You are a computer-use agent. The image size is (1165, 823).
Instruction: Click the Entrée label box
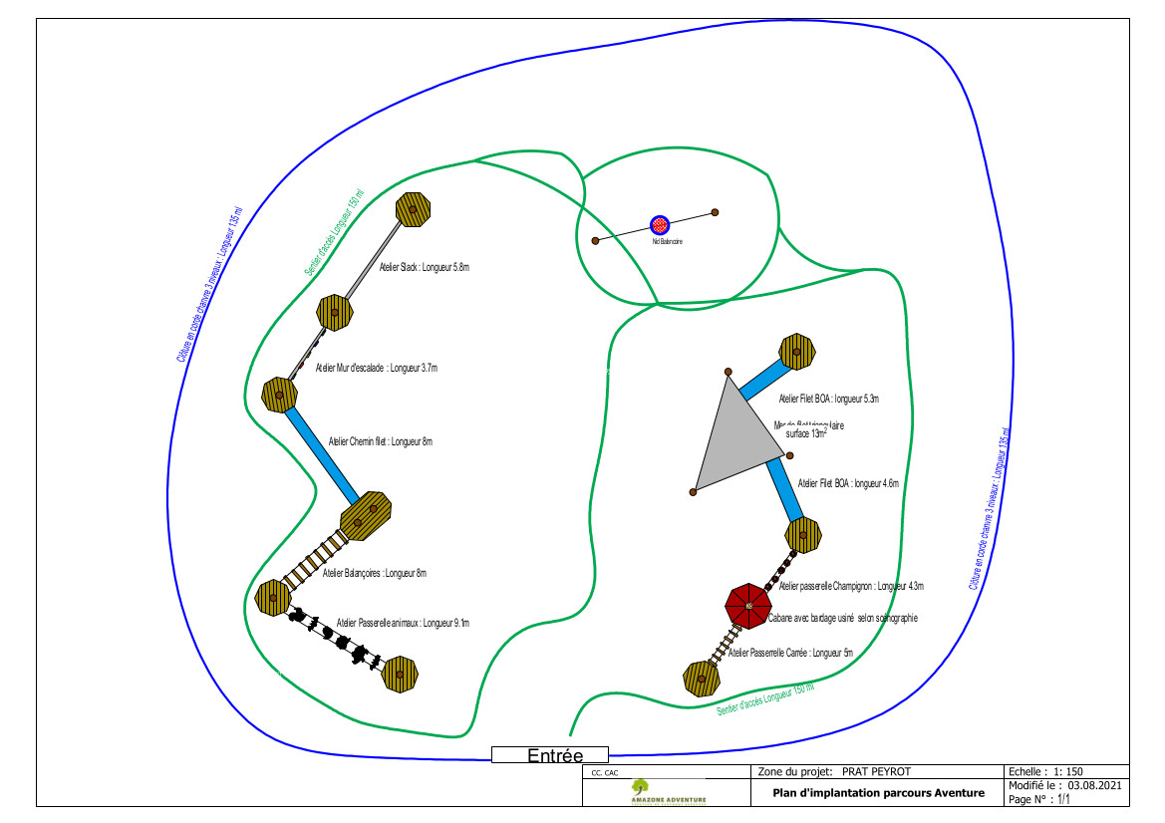point(549,755)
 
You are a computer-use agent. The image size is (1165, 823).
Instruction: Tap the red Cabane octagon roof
point(747,605)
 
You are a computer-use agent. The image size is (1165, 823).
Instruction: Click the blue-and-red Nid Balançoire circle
point(659,225)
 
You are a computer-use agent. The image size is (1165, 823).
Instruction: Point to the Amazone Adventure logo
point(668,792)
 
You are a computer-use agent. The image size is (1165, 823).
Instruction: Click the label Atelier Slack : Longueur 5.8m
point(424,267)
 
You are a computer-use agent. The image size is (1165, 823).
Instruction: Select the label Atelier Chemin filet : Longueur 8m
point(381,440)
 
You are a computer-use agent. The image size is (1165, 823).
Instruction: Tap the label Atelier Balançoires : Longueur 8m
point(374,573)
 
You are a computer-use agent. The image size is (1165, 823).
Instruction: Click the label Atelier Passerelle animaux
point(403,623)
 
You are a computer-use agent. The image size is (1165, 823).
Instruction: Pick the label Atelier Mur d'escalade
point(377,368)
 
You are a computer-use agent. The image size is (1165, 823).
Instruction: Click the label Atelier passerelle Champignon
point(851,586)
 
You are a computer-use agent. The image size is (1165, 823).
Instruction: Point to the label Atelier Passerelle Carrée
point(791,654)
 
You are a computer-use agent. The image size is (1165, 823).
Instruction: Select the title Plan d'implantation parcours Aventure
point(878,793)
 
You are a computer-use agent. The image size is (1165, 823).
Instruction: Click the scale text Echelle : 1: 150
point(1045,771)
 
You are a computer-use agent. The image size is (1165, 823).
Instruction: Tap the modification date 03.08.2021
point(1095,785)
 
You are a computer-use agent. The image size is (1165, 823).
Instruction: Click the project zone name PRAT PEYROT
point(876,771)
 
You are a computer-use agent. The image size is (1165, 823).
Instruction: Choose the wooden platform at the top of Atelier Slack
point(413,209)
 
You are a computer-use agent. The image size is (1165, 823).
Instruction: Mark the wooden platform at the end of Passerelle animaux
point(400,675)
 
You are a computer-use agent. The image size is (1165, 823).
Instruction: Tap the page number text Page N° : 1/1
point(1039,799)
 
